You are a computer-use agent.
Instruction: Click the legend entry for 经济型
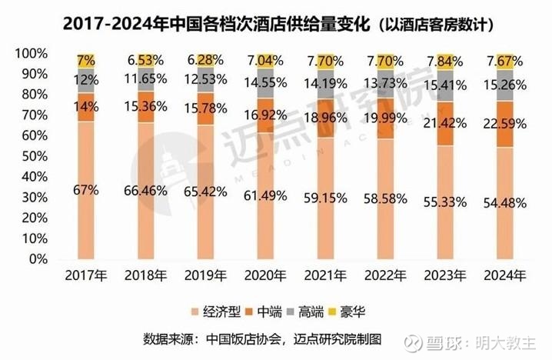[218, 312]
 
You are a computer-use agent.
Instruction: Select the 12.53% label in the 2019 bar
[205, 80]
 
